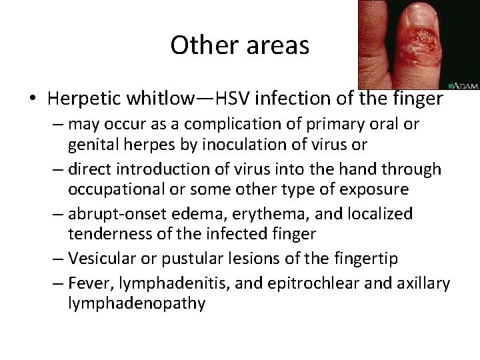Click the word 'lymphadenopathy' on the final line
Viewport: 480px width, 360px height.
point(137,303)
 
